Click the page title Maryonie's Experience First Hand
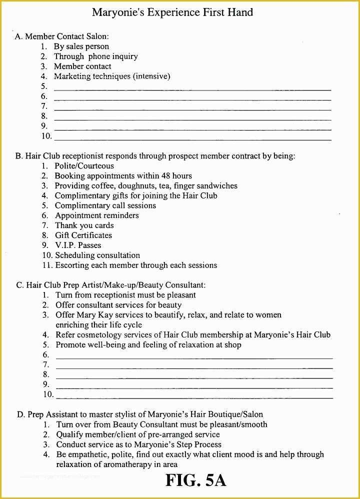pos(172,12)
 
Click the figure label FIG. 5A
pos(196,480)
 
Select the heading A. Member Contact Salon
pos(62,36)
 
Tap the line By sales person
pos(81,46)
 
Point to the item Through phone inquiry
pos(95,56)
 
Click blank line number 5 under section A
pos(192,89)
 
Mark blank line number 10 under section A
pos(192,139)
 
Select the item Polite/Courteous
pos(84,166)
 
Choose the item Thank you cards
pos(84,225)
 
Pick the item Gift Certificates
pos(83,235)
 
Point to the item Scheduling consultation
pos(97,255)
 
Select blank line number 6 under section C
pos(194,357)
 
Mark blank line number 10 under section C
pos(194,397)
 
